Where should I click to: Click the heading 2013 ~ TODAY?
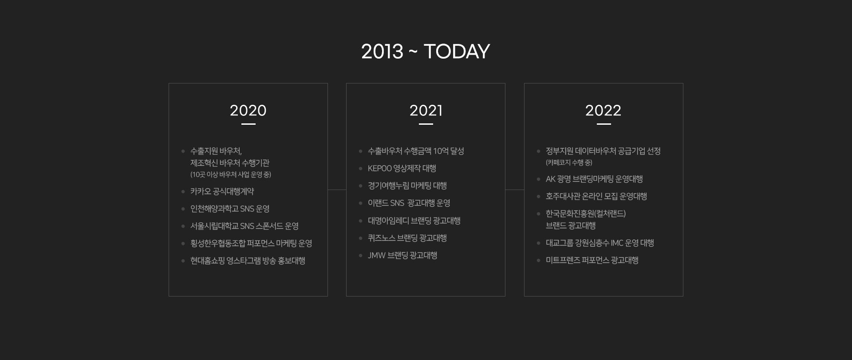click(426, 51)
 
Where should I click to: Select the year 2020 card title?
click(248, 111)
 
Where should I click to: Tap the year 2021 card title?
click(426, 111)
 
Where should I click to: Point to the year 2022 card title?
click(603, 111)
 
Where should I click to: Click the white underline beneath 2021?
click(426, 124)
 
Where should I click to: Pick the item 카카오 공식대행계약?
click(222, 191)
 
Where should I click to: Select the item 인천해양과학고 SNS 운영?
click(230, 209)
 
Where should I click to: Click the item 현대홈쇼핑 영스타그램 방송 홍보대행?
click(248, 261)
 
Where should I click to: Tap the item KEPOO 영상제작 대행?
click(402, 168)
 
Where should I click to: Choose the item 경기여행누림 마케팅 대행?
click(407, 186)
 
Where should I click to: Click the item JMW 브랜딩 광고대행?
click(402, 255)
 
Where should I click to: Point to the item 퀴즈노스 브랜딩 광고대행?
click(407, 238)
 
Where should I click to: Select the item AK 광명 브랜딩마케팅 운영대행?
click(594, 179)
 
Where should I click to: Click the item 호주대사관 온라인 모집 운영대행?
click(596, 196)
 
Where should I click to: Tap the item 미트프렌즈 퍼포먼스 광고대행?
click(592, 260)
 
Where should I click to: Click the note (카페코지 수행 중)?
click(569, 163)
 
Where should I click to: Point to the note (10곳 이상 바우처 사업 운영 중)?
click(231, 174)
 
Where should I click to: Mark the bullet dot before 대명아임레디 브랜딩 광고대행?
click(361, 221)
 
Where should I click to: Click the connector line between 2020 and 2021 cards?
click(337, 190)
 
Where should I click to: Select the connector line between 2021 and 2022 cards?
click(515, 190)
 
